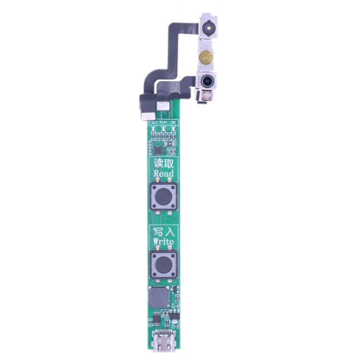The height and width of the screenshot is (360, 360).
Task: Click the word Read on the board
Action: coord(163,173)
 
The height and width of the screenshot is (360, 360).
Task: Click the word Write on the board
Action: coord(163,241)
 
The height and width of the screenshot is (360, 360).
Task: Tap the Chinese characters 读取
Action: coord(163,163)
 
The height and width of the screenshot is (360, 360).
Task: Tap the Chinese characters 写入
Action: coord(163,231)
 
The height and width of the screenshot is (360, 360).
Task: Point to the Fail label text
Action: coord(153,123)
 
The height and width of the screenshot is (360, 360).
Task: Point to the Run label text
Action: coord(164,123)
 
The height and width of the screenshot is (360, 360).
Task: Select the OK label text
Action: coord(174,123)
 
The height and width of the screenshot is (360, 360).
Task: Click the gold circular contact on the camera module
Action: coord(206,56)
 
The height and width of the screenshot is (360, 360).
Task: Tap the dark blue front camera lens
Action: coord(207,81)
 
